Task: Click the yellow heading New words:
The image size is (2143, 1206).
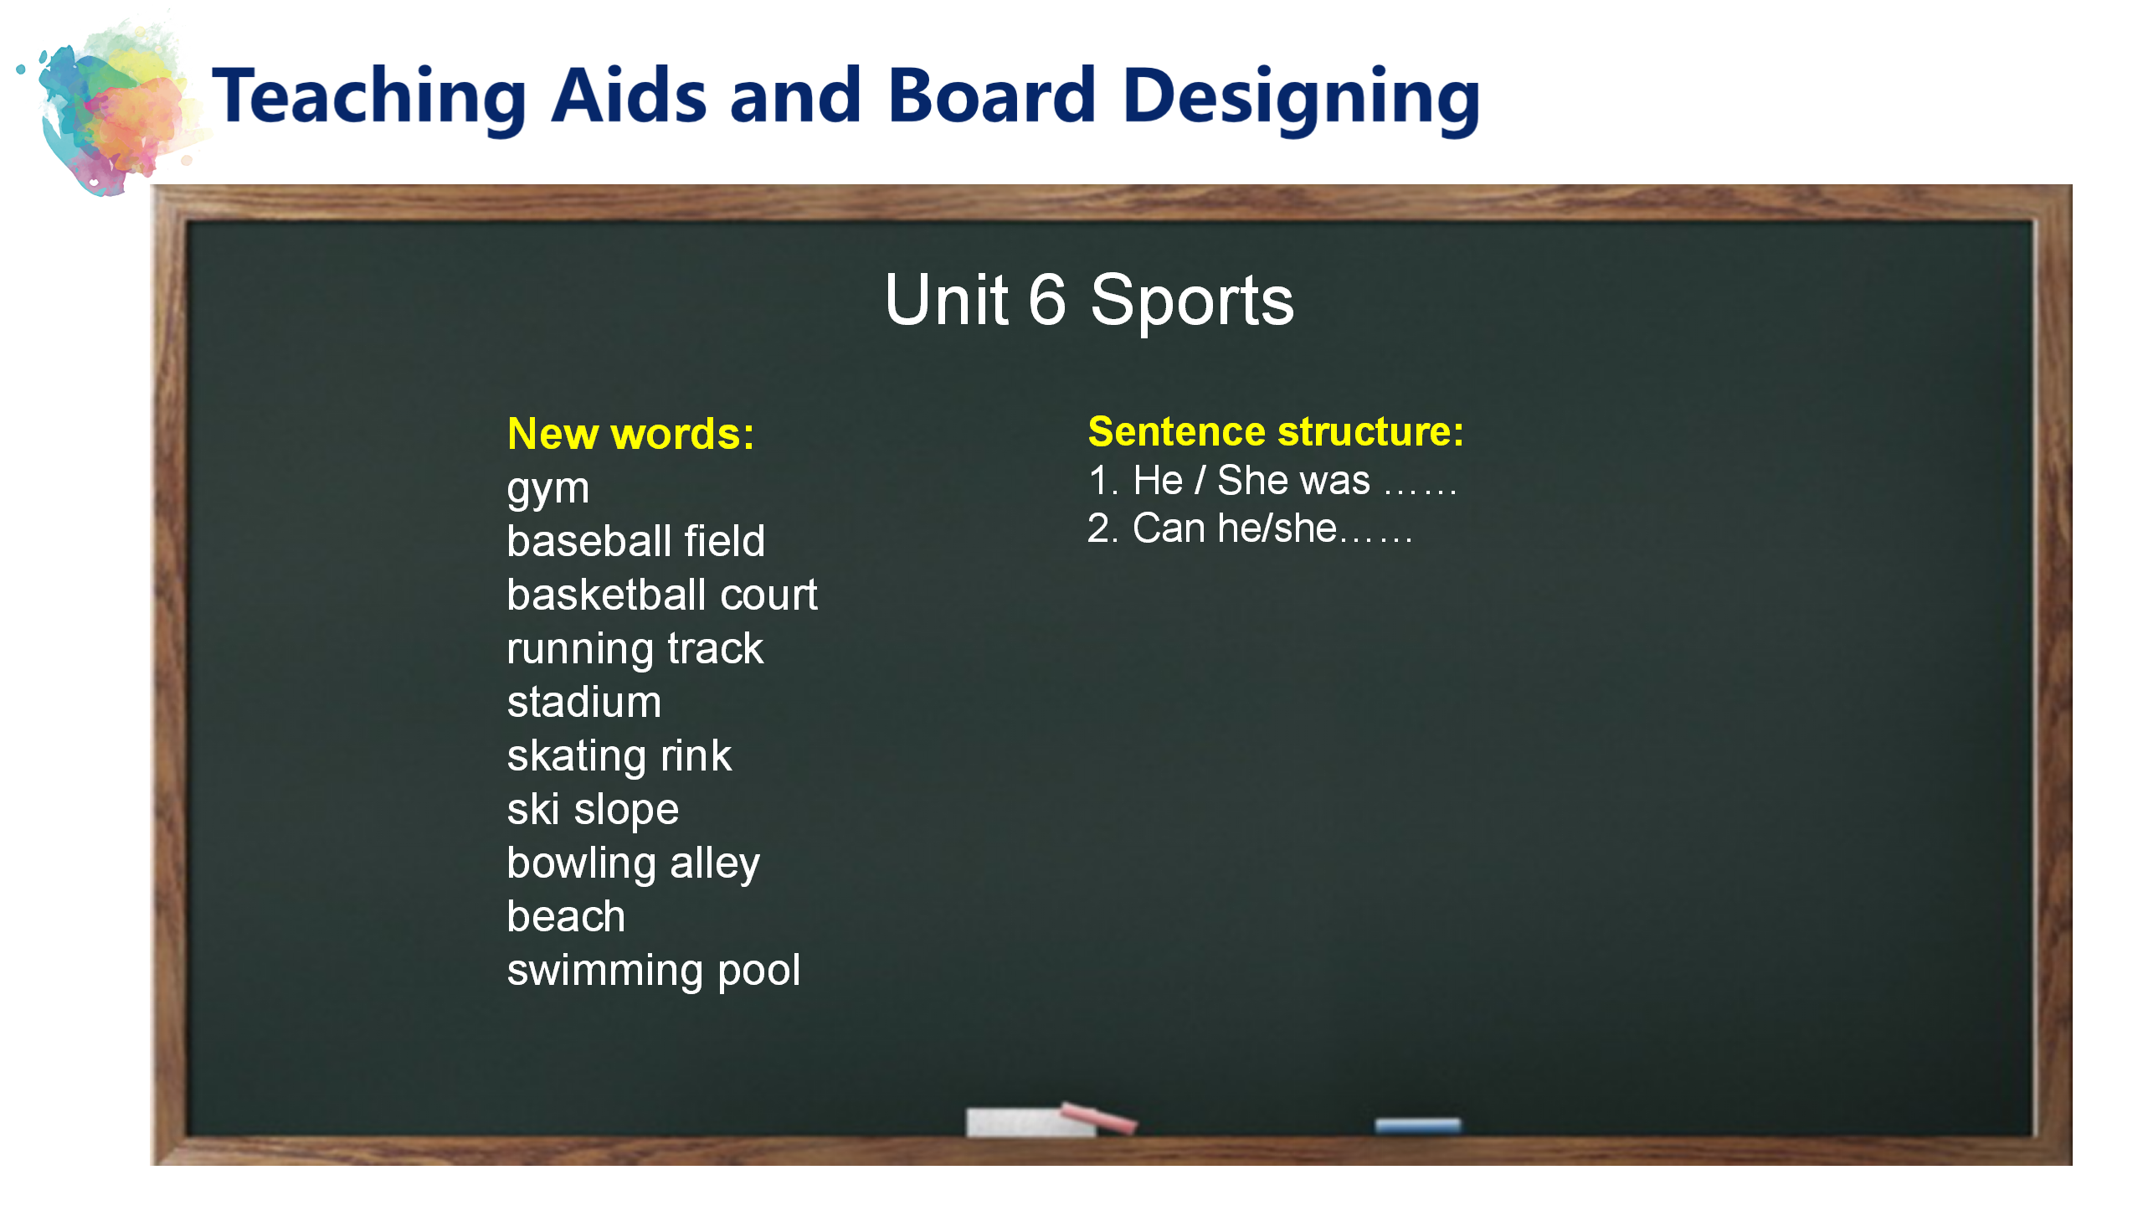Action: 630,434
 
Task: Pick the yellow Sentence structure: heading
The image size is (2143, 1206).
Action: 1276,432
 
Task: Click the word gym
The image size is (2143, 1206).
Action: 548,489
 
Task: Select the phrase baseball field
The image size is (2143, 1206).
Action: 636,541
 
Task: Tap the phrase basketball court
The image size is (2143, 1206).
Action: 662,595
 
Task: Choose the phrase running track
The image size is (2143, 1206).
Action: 635,650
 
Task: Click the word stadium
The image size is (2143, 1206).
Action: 584,702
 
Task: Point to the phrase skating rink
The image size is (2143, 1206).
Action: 619,757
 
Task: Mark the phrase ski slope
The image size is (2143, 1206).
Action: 593,811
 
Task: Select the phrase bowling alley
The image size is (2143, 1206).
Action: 634,864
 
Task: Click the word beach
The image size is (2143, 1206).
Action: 566,916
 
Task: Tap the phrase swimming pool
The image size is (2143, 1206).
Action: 654,971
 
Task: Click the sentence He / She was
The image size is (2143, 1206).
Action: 1251,481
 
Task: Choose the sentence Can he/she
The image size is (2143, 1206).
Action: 1235,529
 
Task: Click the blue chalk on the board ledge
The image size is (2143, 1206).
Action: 1417,1126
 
